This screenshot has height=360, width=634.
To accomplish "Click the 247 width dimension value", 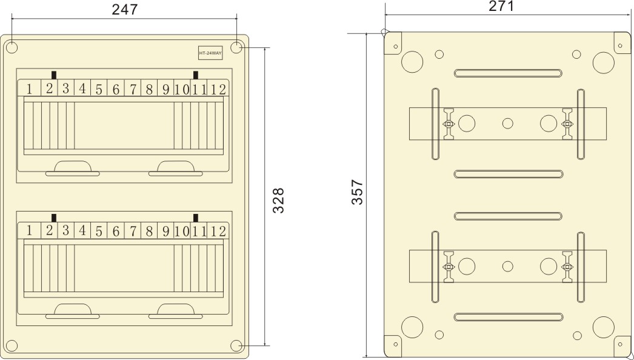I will (x=125, y=9).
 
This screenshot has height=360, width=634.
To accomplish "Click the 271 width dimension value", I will (x=501, y=7).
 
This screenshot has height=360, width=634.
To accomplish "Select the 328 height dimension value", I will (x=278, y=200).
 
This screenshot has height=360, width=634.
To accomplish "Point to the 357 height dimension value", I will (x=357, y=192).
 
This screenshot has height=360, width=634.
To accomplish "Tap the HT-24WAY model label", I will (x=210, y=53).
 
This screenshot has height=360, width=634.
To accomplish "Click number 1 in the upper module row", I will (x=28, y=90).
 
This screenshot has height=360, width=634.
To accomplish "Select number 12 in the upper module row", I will (x=219, y=90).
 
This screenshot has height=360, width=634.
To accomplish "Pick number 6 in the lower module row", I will (x=115, y=231).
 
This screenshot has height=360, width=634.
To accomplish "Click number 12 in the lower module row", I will (x=219, y=231).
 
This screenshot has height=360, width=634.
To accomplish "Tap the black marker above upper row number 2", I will (x=55, y=75).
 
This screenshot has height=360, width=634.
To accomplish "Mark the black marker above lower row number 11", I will (x=196, y=218).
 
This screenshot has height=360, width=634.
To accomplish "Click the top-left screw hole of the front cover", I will (x=12, y=47).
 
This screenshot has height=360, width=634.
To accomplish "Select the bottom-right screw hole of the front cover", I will (x=236, y=345).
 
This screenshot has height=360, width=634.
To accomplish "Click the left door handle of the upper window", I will (x=73, y=168).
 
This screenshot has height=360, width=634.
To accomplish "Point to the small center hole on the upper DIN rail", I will (x=508, y=124).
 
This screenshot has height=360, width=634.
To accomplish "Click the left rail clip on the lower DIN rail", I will (x=449, y=267).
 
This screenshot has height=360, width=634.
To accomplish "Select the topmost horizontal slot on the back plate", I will (x=508, y=73).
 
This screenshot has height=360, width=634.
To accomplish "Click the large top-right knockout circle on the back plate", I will (x=603, y=62).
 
